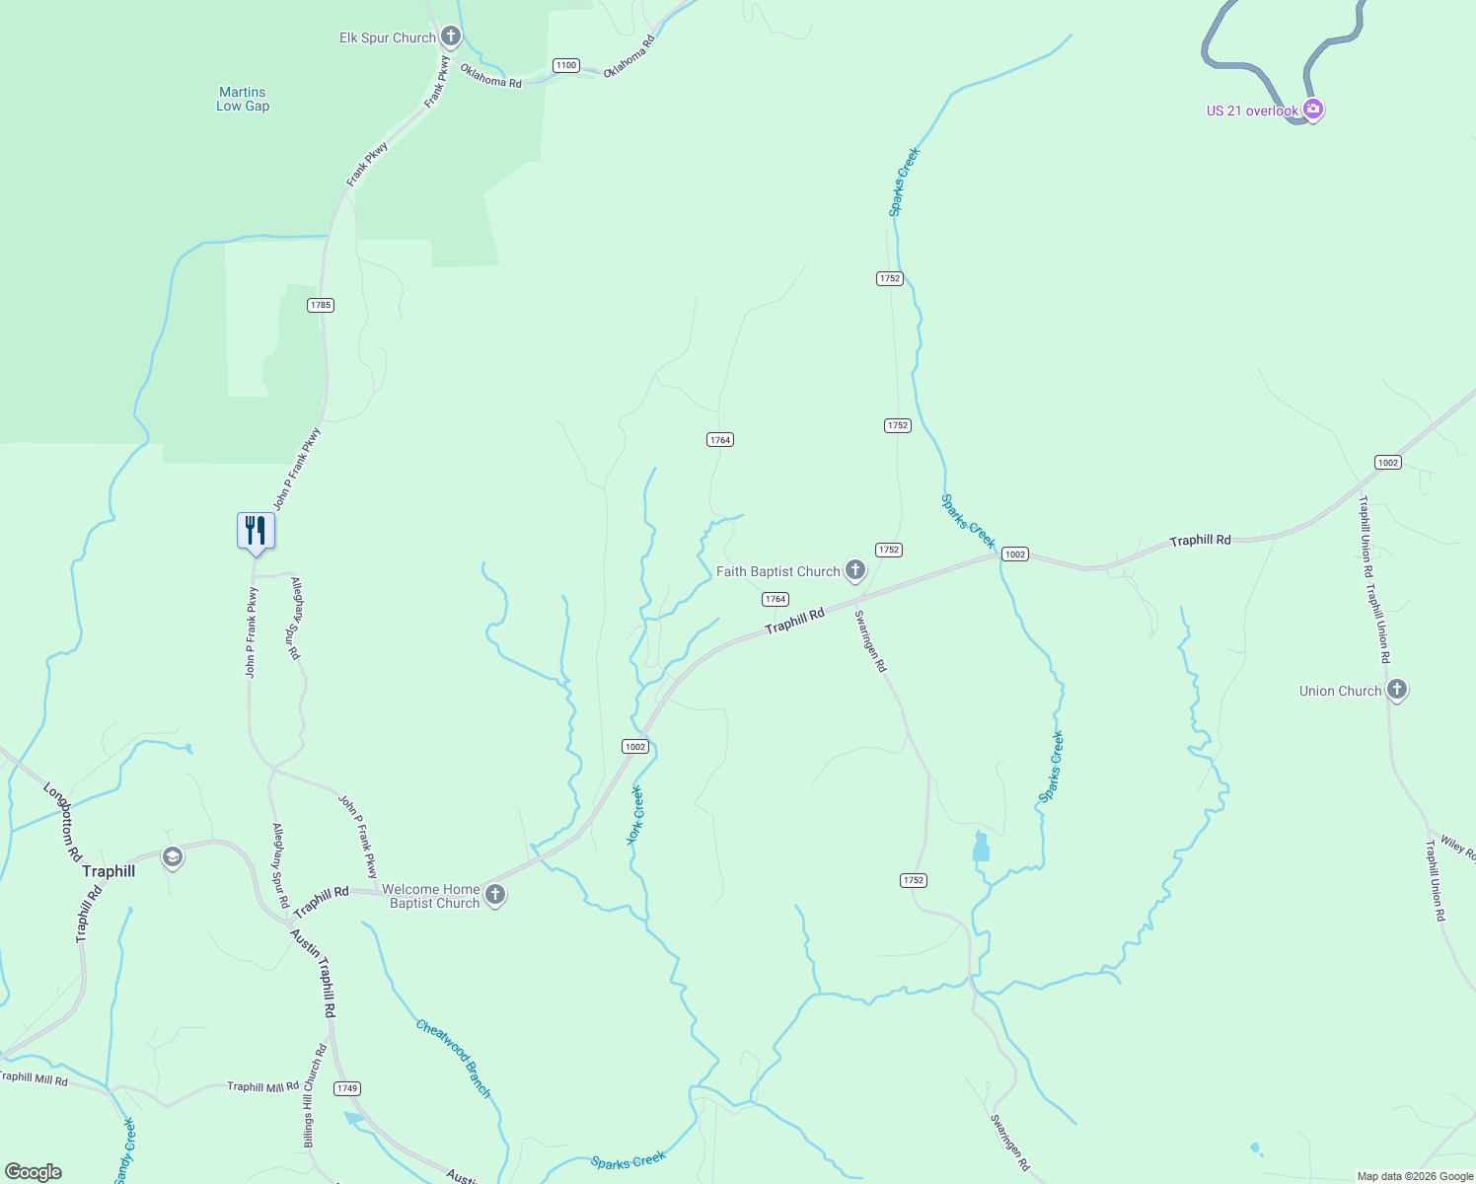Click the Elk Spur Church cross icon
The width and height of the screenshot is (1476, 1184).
451,37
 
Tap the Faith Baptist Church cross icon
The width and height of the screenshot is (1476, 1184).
855,570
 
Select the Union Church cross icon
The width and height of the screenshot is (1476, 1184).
1396,690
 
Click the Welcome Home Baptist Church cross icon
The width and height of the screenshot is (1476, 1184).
495,895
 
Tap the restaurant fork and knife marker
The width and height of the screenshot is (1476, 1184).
256,531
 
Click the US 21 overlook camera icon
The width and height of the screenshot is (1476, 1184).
1312,110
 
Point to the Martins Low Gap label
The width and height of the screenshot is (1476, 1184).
243,99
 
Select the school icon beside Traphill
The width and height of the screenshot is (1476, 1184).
173,857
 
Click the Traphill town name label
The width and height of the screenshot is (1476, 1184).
109,871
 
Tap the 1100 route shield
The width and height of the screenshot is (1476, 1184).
565,65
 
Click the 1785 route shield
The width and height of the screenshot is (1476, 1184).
320,305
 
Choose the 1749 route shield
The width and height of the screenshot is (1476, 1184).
346,1088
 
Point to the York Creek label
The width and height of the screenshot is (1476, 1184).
634,815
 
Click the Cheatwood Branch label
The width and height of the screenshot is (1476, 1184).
453,1058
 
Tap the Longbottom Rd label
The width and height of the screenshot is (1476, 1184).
62,822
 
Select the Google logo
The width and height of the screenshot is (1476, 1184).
33,1172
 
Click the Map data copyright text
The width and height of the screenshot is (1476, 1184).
1415,1176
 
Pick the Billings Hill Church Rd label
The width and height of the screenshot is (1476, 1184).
314,1095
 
